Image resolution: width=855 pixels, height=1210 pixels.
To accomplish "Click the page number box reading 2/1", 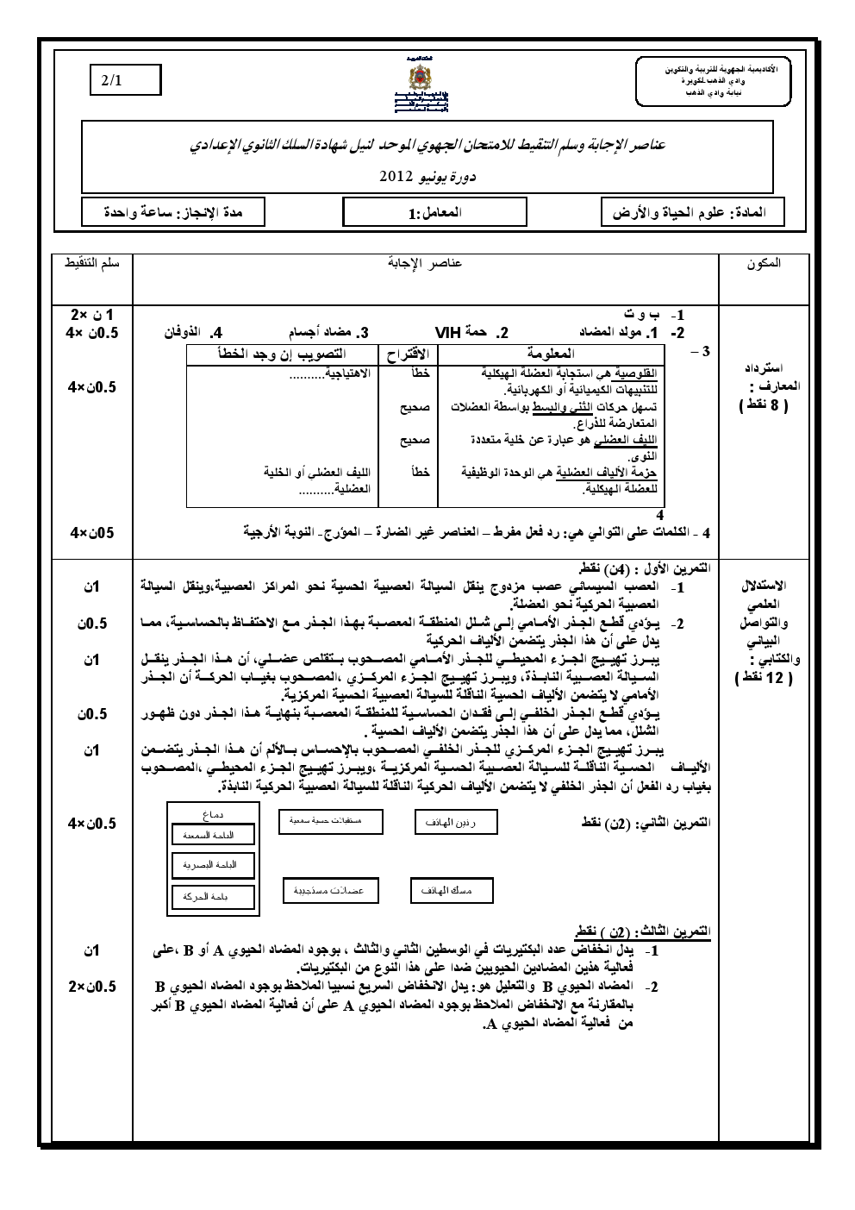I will coord(127,80).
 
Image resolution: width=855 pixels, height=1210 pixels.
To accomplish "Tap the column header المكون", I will coord(765,263).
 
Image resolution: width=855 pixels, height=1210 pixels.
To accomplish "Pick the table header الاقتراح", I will coord(409,354).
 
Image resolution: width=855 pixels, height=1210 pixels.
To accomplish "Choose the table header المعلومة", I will coord(551,354).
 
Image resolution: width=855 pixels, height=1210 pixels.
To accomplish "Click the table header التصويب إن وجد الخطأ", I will coord(284,354).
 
